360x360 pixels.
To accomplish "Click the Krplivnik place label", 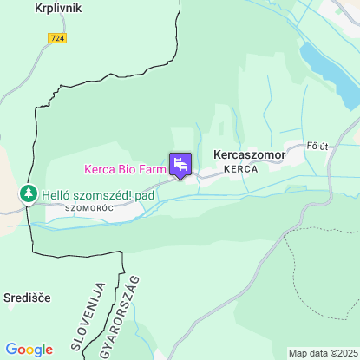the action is (x=59, y=8).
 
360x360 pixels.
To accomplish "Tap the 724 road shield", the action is (x=57, y=38).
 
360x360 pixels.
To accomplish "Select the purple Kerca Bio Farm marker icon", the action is (x=180, y=164).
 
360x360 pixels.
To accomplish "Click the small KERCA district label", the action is (x=240, y=169).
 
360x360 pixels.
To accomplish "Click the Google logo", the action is (x=29, y=350).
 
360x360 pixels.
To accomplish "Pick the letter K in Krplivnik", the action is (x=38, y=8).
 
